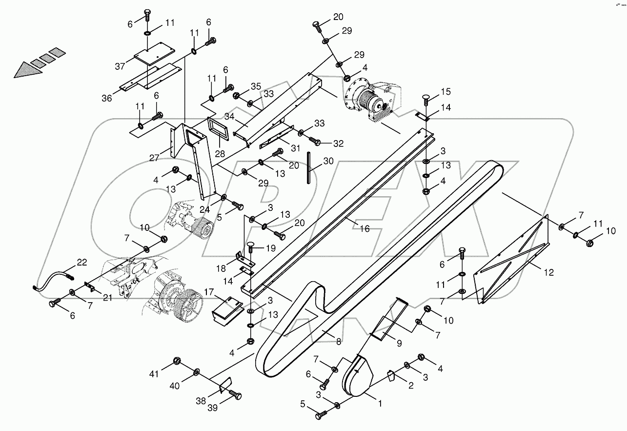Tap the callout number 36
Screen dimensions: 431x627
(107, 98)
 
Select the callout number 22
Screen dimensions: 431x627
(81, 263)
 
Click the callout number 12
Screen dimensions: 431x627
(549, 272)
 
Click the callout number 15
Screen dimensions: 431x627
(446, 92)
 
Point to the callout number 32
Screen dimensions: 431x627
(338, 144)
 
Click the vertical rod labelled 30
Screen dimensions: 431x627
(309, 168)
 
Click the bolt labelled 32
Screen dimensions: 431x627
(316, 142)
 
